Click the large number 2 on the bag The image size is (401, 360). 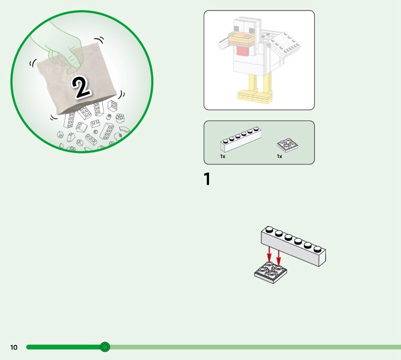(81, 88)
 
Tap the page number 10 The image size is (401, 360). (14, 347)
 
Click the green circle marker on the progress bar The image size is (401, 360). (105, 347)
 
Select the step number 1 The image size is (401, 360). (207, 178)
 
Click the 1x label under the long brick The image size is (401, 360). (223, 156)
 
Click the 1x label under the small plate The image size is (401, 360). (280, 156)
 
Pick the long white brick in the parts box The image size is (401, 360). (241, 139)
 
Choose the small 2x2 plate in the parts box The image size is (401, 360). (288, 145)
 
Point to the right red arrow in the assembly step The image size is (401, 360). (279, 257)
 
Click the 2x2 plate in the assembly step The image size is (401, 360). (270, 272)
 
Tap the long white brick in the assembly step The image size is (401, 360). (293, 246)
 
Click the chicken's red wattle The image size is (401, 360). (243, 51)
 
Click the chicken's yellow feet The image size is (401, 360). (255, 96)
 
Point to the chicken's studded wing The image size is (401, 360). (284, 44)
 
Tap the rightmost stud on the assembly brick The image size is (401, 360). (318, 249)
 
